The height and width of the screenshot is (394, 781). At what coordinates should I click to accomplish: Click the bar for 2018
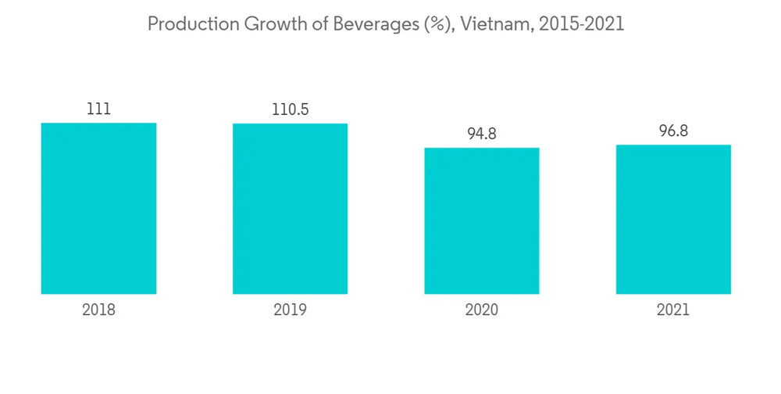(98, 208)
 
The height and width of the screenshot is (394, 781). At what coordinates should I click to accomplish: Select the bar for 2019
(290, 208)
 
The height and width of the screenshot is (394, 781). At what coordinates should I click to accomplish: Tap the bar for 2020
(482, 220)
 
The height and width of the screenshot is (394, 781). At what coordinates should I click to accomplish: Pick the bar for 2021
(673, 219)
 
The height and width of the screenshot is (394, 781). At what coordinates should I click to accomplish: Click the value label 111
(98, 109)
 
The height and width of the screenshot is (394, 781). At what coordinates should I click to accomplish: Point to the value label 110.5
(290, 110)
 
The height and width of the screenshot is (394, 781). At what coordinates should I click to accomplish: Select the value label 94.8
(482, 134)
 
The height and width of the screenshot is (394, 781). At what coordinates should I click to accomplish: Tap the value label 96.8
(673, 131)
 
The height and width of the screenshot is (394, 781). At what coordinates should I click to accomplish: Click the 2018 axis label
(98, 310)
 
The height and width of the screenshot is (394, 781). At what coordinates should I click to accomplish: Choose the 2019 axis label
(290, 310)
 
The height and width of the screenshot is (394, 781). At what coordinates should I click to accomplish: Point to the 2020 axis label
(482, 310)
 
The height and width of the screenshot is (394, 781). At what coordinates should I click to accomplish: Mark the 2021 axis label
(673, 310)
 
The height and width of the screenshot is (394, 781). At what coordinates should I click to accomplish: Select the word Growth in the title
(274, 24)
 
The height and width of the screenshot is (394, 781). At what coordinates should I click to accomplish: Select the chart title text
(386, 24)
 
